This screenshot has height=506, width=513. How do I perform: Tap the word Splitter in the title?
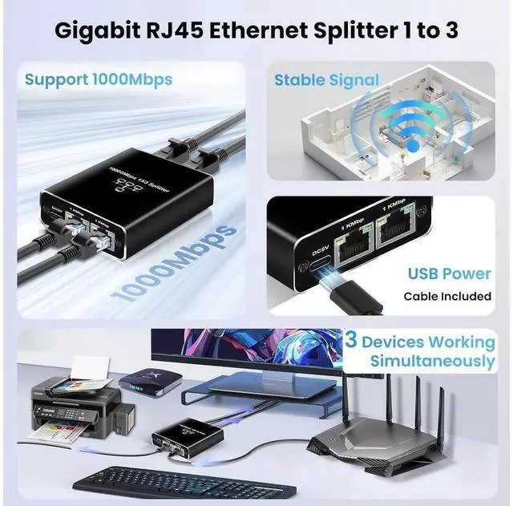(363, 33)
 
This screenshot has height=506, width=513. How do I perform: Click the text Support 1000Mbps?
(98, 79)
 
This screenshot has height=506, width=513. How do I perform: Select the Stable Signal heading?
(326, 79)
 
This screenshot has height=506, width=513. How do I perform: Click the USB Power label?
(449, 274)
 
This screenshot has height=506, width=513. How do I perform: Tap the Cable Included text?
(447, 296)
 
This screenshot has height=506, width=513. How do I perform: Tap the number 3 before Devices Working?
(350, 340)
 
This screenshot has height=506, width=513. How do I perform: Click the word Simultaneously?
(432, 362)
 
